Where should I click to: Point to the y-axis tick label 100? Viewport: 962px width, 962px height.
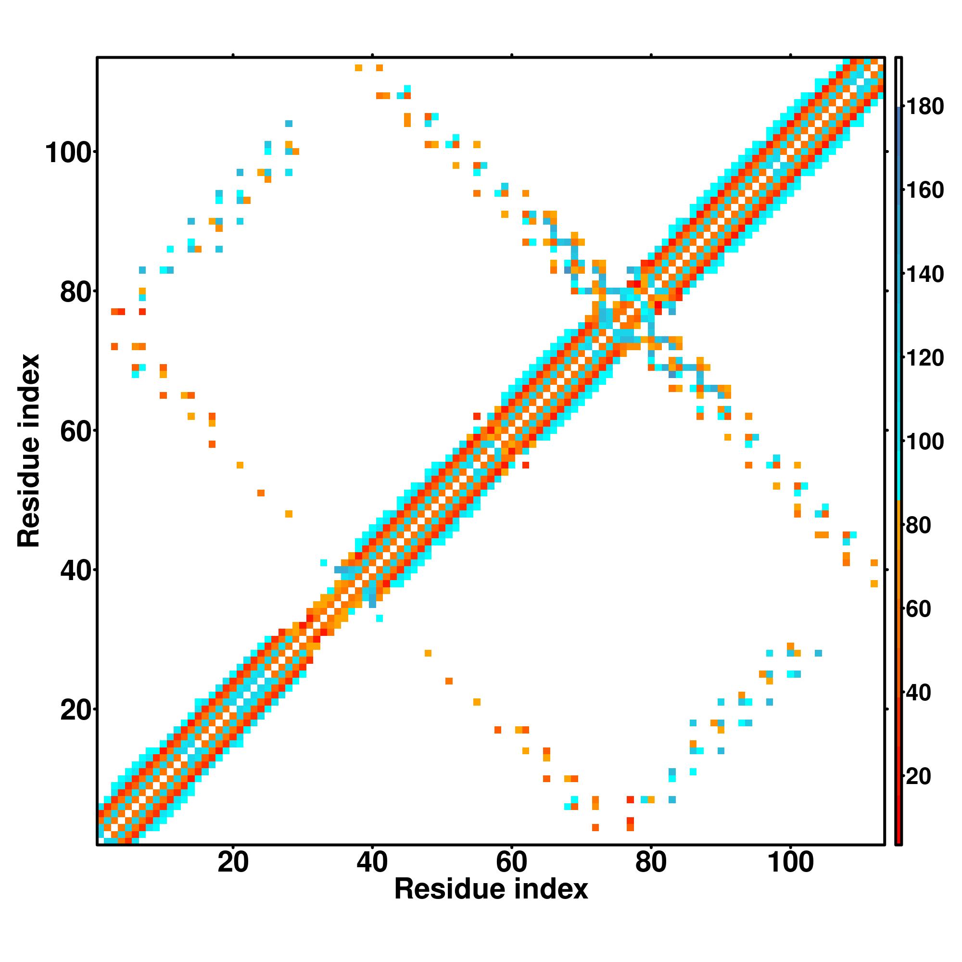[70, 153]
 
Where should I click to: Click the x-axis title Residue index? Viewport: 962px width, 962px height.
[491, 889]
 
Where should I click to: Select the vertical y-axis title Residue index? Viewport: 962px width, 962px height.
[28, 451]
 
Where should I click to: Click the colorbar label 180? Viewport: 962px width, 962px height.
[924, 107]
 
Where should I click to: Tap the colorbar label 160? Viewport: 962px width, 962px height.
[924, 190]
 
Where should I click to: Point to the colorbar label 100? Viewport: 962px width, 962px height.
[924, 441]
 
